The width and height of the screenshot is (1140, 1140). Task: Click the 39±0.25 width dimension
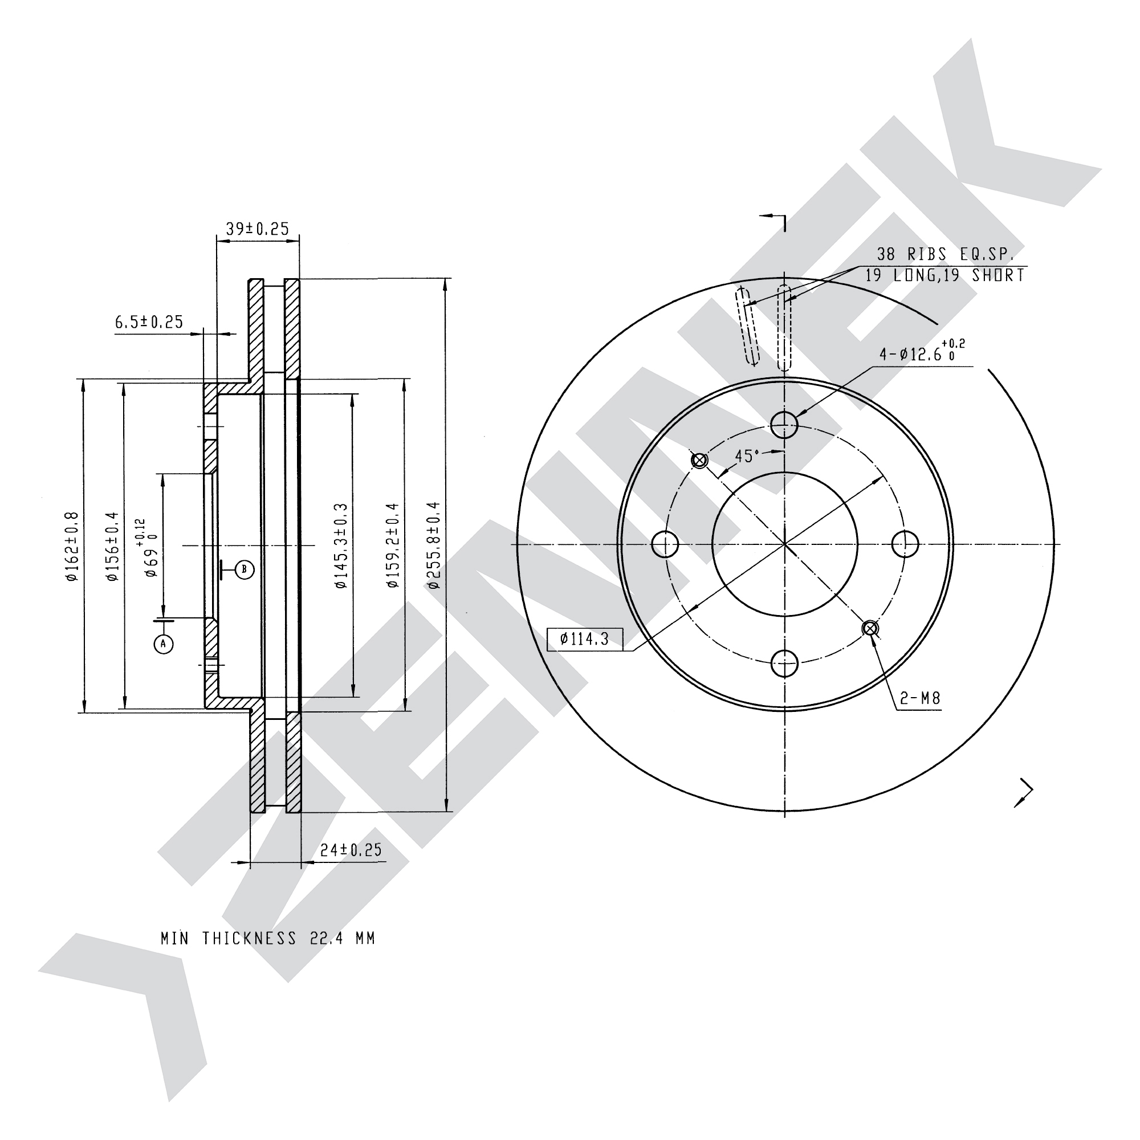point(257,229)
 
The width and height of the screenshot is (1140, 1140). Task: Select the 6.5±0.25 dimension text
point(149,322)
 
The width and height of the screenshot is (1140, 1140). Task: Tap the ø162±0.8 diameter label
point(72,547)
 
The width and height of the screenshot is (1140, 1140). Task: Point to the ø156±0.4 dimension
point(113,547)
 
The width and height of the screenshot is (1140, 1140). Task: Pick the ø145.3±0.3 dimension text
point(341,546)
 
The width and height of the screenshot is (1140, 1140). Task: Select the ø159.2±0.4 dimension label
point(393,546)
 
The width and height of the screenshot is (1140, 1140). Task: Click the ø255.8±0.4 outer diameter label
point(434,545)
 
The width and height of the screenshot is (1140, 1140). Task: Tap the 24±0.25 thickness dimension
point(351,850)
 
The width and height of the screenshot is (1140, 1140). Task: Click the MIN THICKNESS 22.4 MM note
point(268,938)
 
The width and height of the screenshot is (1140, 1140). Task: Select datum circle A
point(164,644)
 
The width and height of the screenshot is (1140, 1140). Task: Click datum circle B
point(245,569)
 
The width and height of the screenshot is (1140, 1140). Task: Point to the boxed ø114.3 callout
point(585,639)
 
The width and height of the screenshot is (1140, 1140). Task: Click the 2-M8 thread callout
point(920,699)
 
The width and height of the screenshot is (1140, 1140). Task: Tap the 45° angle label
point(747,456)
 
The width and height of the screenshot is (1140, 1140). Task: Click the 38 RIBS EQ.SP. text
point(944,254)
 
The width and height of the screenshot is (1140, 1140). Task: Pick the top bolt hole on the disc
point(784,424)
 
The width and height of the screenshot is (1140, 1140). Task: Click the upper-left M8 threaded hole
point(699,460)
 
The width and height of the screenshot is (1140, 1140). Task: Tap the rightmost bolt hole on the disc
point(905,543)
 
